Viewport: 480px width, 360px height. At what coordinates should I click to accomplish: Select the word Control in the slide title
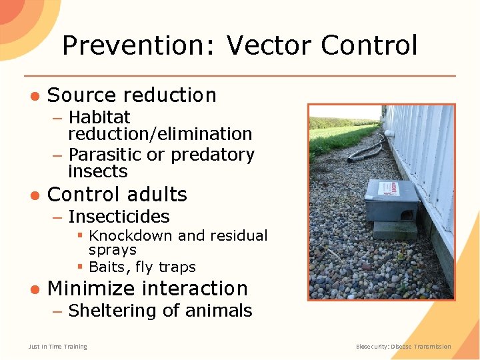coord(369,45)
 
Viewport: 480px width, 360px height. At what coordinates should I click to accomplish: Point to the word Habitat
coord(99,117)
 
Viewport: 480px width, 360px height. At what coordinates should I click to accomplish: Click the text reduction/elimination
coord(160,133)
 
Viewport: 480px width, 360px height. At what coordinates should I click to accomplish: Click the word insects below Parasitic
coord(97,171)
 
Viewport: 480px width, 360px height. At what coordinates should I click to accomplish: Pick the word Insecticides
coord(119,217)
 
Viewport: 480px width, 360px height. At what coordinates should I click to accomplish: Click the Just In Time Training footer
coord(57,347)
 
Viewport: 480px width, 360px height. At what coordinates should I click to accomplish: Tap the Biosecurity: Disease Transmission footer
coord(403,347)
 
